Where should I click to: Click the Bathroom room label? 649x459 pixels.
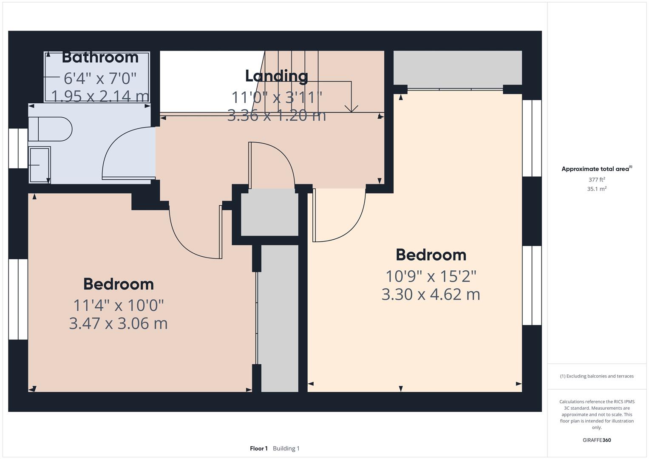point(100,57)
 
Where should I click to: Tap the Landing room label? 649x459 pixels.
point(276,76)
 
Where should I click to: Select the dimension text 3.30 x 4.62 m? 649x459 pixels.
point(431,294)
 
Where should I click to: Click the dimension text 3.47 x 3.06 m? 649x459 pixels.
point(118,323)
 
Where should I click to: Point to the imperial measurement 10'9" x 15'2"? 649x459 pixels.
point(431,276)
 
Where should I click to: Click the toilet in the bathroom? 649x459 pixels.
point(50,129)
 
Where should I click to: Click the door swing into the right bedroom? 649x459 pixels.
point(340,217)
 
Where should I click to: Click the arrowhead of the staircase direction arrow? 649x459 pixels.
point(351,109)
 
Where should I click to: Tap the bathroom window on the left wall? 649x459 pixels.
point(18,148)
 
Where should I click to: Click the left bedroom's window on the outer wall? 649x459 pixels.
point(18,299)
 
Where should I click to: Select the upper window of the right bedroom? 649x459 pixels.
point(532,138)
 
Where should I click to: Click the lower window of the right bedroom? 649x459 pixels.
point(532,286)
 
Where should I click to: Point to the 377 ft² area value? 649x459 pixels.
point(597,180)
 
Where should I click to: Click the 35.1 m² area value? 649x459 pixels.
point(597,189)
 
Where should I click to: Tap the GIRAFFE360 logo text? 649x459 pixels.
point(597,440)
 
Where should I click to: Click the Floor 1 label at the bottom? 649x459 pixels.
point(259,448)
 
